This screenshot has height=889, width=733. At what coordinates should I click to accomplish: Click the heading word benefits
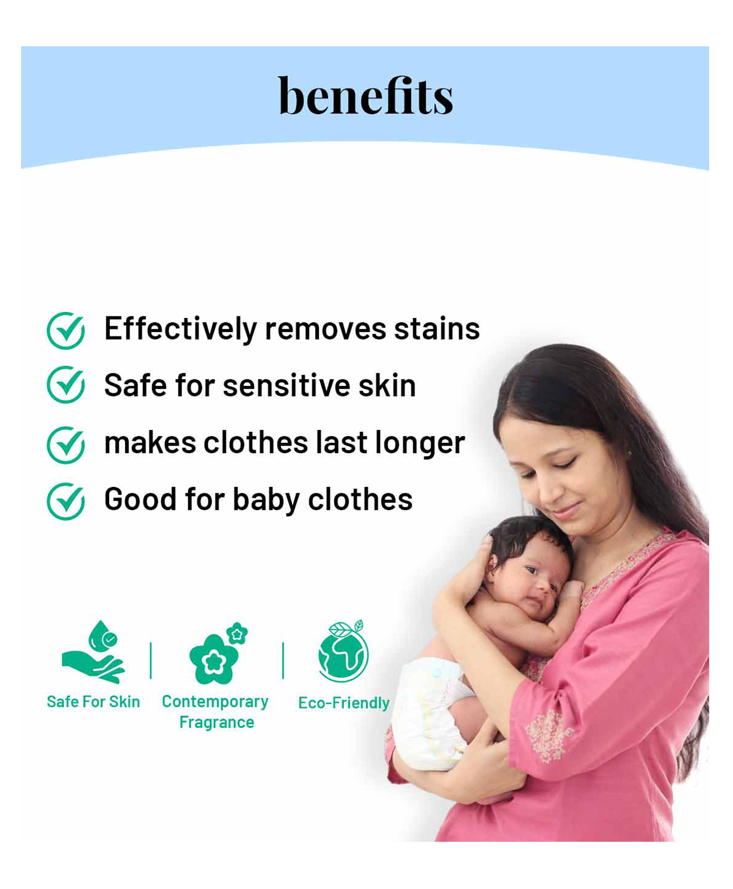pyautogui.click(x=366, y=96)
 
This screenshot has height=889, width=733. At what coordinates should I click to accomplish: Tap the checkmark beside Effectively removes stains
pyautogui.click(x=66, y=331)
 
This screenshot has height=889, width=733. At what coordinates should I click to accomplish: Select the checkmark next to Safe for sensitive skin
pyautogui.click(x=66, y=384)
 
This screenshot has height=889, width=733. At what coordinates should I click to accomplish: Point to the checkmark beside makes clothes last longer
pyautogui.click(x=66, y=445)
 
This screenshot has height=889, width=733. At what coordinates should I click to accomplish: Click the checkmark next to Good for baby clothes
pyautogui.click(x=66, y=501)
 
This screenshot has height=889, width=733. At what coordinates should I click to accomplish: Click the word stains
pyautogui.click(x=437, y=329)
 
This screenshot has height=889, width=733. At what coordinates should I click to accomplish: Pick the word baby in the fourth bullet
pyautogui.click(x=266, y=500)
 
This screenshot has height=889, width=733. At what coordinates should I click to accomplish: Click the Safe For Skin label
pyautogui.click(x=93, y=701)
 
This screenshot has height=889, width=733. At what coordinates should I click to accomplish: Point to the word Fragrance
pyautogui.click(x=217, y=722)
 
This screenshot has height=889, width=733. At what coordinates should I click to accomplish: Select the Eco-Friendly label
pyautogui.click(x=344, y=703)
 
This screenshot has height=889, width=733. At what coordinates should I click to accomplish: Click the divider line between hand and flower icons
pyautogui.click(x=151, y=660)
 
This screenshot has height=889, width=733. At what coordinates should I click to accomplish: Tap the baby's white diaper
pyautogui.click(x=431, y=715)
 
